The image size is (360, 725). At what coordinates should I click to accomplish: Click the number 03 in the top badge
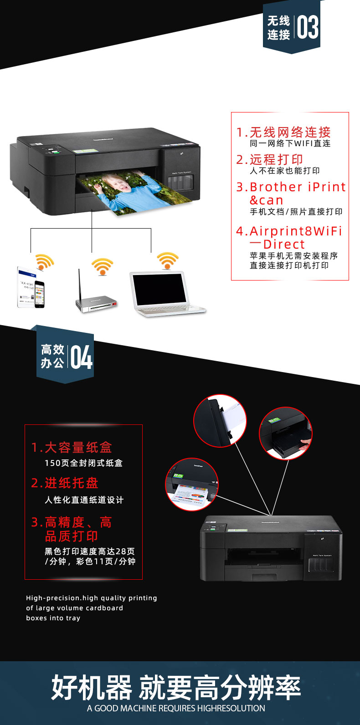coord(308,27)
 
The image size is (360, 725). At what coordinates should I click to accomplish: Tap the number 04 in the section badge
coord(81,357)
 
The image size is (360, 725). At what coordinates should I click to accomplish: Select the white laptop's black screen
coord(159,289)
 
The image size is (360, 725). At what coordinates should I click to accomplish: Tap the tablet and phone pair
coord(31,287)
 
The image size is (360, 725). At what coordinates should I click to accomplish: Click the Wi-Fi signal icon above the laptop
coord(167,260)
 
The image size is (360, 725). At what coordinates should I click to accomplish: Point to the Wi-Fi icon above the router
coord(102,266)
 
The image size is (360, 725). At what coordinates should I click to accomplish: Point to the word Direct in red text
coord(284,244)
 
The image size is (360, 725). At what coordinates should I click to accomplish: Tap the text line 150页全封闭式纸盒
coord(83,463)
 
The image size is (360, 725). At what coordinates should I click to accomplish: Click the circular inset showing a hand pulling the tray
coord(286,433)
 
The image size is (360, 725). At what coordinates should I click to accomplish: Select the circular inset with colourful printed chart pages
coord(192,485)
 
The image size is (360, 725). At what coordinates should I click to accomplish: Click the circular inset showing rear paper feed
coord(220,421)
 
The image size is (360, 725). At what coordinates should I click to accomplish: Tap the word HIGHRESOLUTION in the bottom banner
coord(231,708)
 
